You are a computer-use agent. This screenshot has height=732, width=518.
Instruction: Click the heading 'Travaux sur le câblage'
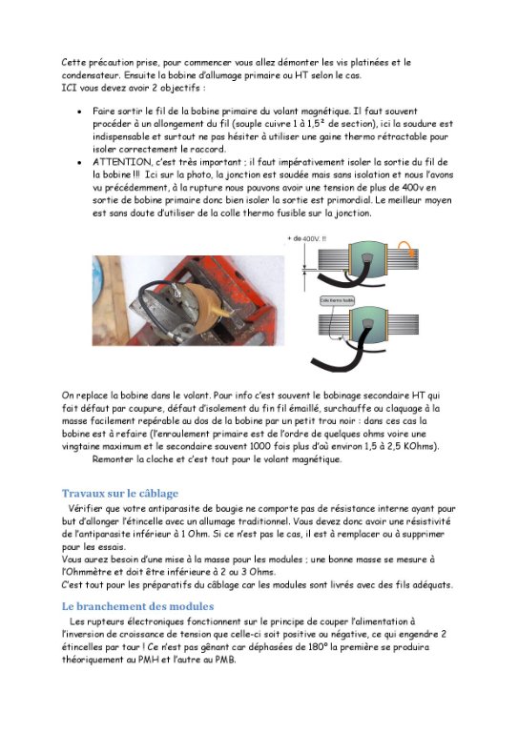pos(114,493)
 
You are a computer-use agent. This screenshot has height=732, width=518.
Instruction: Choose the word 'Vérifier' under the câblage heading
pos(91,511)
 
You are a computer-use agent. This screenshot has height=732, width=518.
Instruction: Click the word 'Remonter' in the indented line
pos(116,459)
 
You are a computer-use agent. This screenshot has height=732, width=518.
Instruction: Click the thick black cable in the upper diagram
pos(334,285)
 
